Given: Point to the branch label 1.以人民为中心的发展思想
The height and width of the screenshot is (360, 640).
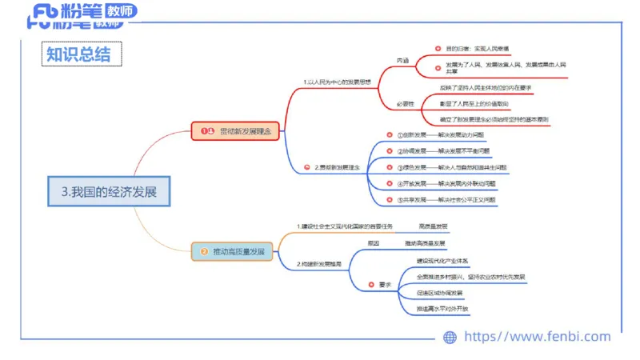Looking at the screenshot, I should tap(338, 82).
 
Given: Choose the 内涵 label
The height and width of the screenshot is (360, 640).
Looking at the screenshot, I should tap(402, 60).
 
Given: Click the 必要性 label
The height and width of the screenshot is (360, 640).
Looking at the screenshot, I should tap(405, 104).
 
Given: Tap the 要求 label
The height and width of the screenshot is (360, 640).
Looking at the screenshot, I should tap(385, 283).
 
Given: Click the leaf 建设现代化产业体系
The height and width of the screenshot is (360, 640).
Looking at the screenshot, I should tap(442, 261).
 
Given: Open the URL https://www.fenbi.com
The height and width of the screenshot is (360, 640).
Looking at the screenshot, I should tap(537, 337).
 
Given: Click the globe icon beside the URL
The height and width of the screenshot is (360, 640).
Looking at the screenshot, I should tap(450, 338).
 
